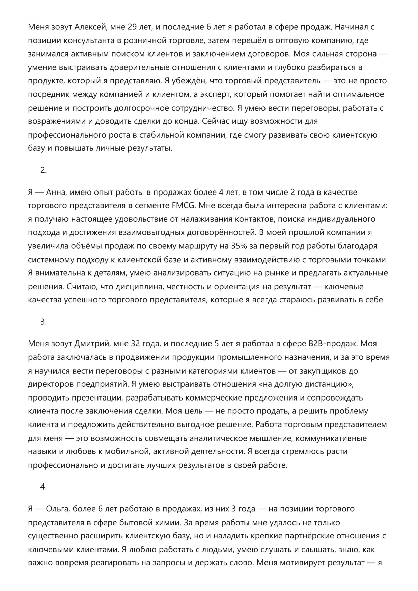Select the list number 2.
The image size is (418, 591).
point(44,170)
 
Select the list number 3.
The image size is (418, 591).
point(44,322)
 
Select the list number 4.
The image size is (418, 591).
point(44,487)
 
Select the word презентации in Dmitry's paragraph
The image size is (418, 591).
point(97,398)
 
